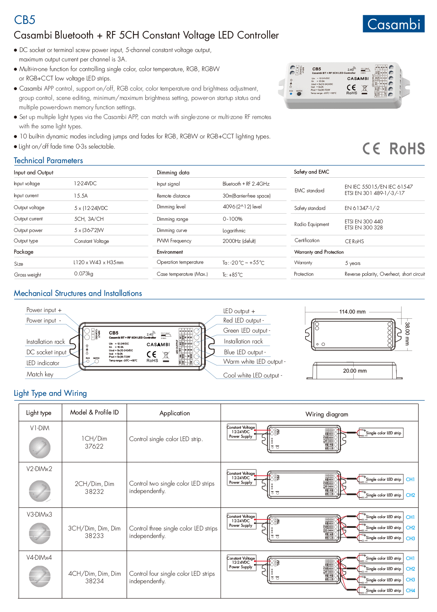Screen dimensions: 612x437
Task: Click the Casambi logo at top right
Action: point(393,24)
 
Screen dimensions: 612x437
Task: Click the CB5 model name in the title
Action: point(25,20)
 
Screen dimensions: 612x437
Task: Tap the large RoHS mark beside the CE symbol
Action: point(407,149)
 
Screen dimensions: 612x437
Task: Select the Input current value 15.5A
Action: point(81,196)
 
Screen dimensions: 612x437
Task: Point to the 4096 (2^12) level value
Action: point(242,206)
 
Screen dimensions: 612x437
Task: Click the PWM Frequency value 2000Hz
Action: point(239,241)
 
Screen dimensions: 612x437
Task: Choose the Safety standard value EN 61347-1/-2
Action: point(362,208)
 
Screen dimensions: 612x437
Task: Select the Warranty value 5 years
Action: point(353,263)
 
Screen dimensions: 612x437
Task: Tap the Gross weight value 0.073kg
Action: point(84,274)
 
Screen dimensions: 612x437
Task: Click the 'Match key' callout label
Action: point(40,374)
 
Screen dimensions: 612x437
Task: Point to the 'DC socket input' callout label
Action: point(46,352)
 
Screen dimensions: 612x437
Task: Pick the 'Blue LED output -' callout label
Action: point(245,352)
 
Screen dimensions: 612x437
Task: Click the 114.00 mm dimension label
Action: point(352,312)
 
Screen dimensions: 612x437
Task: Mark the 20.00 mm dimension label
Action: point(355,371)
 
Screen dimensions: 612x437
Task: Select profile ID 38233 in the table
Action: point(94,536)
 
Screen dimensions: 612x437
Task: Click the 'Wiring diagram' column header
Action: point(327,414)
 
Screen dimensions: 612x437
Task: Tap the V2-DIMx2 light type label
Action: point(39,469)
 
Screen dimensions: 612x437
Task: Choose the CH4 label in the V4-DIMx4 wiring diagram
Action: point(410,590)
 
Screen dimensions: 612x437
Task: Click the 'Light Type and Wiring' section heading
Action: point(50,393)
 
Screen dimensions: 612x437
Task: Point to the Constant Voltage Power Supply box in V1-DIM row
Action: point(241,432)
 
